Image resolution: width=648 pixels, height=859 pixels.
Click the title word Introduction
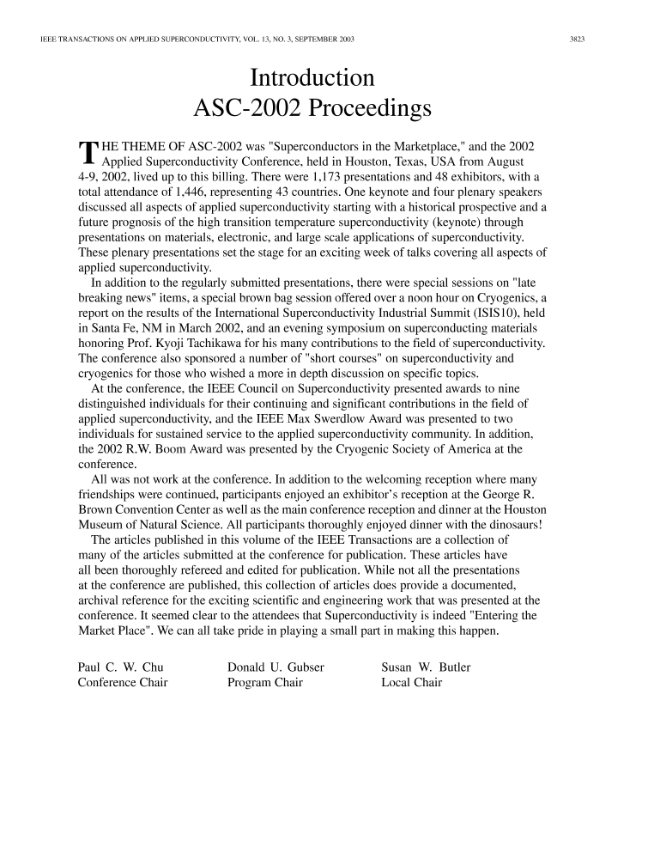click(x=312, y=78)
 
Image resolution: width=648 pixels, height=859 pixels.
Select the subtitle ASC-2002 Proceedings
click(x=312, y=109)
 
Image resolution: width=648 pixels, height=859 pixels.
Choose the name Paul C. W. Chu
click(x=120, y=667)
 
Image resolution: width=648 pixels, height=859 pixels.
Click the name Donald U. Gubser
click(x=276, y=667)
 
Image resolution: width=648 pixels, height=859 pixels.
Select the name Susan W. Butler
click(x=426, y=667)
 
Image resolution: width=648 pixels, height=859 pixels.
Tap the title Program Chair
click(x=265, y=683)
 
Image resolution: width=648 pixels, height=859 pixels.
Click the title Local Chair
click(x=411, y=683)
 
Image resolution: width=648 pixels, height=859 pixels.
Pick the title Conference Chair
click(x=123, y=683)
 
